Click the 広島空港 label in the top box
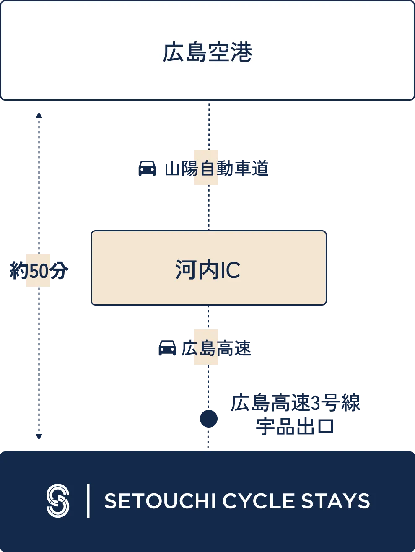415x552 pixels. (207, 52)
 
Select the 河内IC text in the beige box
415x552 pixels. (208, 270)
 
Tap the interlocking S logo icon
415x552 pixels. (58, 500)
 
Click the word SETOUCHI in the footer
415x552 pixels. (160, 501)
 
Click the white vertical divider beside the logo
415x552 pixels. (88, 500)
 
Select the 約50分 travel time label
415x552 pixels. (38, 271)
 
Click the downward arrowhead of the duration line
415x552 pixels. (39, 437)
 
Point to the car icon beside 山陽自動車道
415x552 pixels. (147, 168)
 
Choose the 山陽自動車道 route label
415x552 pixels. (216, 168)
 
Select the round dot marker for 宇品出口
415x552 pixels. (208, 419)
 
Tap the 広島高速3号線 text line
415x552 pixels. (296, 403)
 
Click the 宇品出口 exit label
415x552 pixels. (296, 427)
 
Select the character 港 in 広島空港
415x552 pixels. (241, 52)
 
